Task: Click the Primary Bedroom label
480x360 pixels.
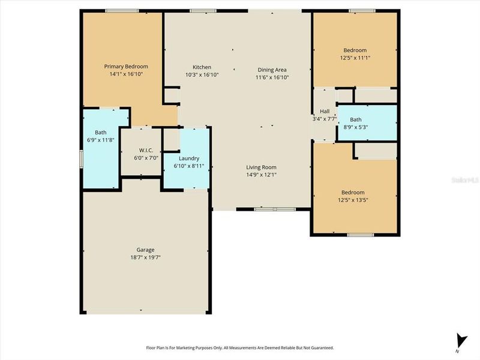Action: click(126, 66)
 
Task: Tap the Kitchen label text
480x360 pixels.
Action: click(202, 67)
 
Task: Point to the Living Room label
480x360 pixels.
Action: click(261, 167)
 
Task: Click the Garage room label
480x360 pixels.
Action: click(145, 250)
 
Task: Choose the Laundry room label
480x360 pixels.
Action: click(189, 158)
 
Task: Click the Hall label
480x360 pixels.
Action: click(325, 112)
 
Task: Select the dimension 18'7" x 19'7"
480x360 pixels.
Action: click(145, 257)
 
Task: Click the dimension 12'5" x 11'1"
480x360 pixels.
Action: click(355, 58)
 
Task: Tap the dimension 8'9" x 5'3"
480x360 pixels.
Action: click(356, 127)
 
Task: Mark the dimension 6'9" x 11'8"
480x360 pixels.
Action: click(100, 140)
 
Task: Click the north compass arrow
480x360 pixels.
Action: click(461, 340)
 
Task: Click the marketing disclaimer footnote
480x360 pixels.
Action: click(240, 347)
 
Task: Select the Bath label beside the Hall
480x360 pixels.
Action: click(356, 119)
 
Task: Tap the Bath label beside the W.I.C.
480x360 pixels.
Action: click(100, 133)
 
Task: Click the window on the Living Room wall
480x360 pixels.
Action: click(266, 209)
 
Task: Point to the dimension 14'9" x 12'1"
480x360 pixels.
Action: click(261, 175)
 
